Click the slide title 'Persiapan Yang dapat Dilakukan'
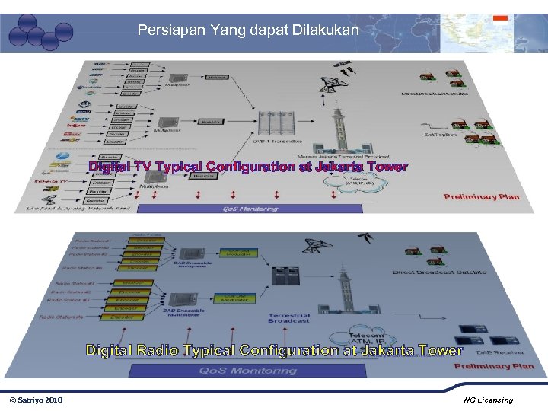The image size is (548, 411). click(247, 31)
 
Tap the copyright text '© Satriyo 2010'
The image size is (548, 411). click(36, 400)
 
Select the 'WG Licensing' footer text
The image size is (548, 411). click(487, 400)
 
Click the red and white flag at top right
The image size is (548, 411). click(500, 18)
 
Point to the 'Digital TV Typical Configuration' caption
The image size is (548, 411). click(248, 167)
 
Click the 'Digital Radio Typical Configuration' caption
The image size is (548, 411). click(274, 350)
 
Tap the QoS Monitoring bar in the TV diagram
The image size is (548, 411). click(249, 208)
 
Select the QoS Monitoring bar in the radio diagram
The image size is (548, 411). click(247, 371)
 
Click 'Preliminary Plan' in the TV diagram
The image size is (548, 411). click(481, 196)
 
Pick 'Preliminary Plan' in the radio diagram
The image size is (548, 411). click(494, 366)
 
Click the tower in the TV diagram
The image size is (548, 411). click(335, 129)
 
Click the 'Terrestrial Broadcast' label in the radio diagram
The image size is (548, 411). click(289, 318)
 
